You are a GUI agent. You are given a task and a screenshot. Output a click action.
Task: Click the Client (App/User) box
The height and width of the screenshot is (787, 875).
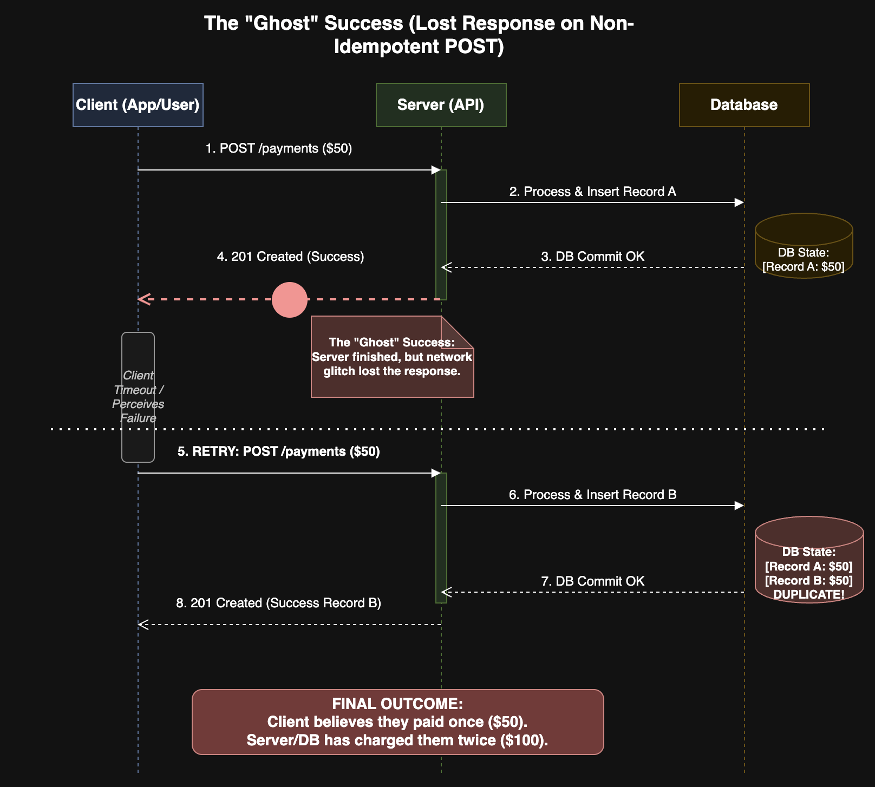pyautogui.click(x=138, y=105)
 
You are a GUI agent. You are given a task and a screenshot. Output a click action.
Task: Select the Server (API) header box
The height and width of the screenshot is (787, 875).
pyautogui.click(x=441, y=105)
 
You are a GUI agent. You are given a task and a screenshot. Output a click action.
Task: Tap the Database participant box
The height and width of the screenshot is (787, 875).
pyautogui.click(x=744, y=105)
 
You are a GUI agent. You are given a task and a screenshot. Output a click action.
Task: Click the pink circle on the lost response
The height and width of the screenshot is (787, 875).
pyautogui.click(x=290, y=299)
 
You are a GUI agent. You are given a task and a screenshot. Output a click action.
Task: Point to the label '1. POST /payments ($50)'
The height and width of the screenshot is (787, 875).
pyautogui.click(x=278, y=148)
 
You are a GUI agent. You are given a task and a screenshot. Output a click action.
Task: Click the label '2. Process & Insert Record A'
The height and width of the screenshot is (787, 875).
pyautogui.click(x=592, y=192)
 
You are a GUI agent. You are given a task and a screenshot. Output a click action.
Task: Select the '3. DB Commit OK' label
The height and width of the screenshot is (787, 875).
pyautogui.click(x=592, y=257)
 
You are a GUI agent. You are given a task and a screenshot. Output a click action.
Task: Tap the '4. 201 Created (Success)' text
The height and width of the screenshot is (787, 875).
pyautogui.click(x=290, y=257)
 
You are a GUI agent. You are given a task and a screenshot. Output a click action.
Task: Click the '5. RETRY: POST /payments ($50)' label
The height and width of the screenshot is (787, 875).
pyautogui.click(x=278, y=451)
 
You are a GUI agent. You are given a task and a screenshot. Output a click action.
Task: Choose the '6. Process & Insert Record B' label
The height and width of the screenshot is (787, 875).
pyautogui.click(x=592, y=495)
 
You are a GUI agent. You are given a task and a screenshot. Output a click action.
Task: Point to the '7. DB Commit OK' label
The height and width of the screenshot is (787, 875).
pyautogui.click(x=592, y=581)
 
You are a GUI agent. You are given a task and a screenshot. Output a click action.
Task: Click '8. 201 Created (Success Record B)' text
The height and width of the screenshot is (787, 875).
pyautogui.click(x=278, y=603)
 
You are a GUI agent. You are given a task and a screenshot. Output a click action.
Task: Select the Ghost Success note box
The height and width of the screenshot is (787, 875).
pyautogui.click(x=392, y=357)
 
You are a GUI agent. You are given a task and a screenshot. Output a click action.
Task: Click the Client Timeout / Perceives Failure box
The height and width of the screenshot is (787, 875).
pyautogui.click(x=138, y=397)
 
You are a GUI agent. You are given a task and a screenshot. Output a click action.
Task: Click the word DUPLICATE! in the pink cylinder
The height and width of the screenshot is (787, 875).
pyautogui.click(x=808, y=594)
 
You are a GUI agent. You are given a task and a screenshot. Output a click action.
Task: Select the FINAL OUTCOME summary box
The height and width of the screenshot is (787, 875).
pyautogui.click(x=397, y=722)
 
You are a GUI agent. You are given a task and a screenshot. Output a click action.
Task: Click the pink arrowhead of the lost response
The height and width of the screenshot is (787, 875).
pyautogui.click(x=143, y=299)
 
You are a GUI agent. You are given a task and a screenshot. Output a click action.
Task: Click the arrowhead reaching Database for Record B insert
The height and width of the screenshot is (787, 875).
pyautogui.click(x=739, y=506)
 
